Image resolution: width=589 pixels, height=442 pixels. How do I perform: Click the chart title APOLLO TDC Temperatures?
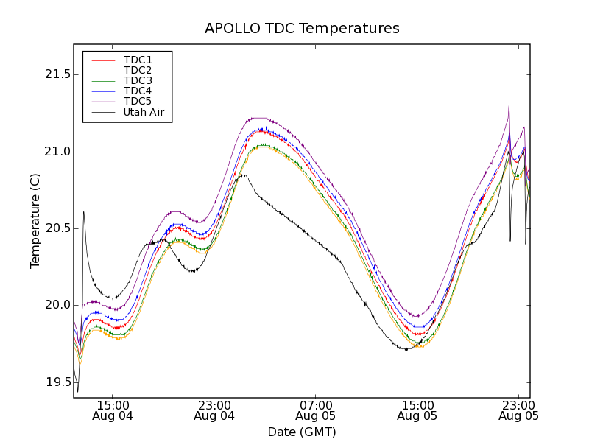click(x=302, y=29)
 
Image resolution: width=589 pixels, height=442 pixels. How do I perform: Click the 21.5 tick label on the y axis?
click(x=56, y=74)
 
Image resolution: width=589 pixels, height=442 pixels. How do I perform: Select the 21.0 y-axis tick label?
click(x=56, y=152)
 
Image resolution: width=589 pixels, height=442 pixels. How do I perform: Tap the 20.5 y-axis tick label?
click(x=56, y=228)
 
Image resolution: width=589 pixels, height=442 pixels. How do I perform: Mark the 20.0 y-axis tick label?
click(x=56, y=305)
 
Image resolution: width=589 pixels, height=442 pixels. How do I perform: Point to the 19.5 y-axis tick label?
click(x=56, y=382)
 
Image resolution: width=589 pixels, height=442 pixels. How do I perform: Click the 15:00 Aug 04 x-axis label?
click(x=113, y=410)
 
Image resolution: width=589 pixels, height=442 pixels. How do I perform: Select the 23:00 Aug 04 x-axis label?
click(x=214, y=410)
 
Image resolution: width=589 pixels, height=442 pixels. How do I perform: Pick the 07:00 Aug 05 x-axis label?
click(x=316, y=410)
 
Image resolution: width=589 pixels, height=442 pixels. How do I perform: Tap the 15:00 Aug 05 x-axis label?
click(x=417, y=410)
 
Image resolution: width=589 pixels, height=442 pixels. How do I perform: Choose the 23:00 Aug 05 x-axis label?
click(x=518, y=410)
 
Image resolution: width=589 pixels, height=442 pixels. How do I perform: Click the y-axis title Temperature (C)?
click(x=35, y=221)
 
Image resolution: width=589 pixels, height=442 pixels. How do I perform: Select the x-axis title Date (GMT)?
click(x=302, y=432)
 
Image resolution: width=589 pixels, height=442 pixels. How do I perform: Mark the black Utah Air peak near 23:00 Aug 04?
click(x=243, y=175)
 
